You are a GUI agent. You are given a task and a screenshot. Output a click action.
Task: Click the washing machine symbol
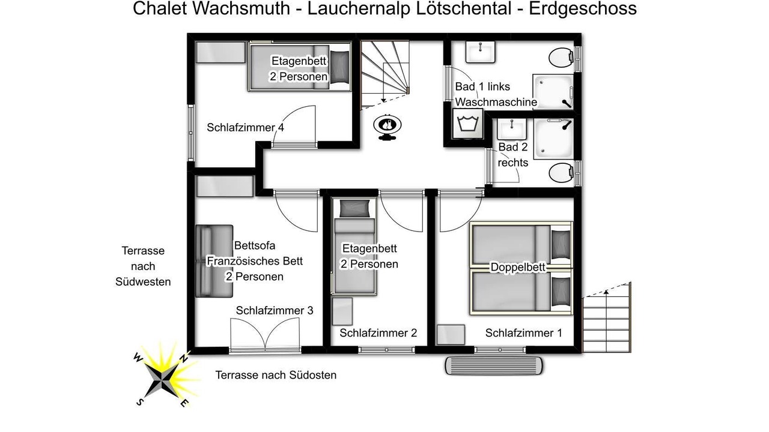(467, 124)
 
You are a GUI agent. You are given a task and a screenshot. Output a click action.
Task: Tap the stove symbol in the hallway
(388, 127)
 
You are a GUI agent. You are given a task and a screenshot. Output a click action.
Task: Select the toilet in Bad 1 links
(561, 57)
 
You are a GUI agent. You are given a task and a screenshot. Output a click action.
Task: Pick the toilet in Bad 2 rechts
(561, 172)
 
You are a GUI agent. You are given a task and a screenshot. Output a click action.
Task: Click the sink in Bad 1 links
(480, 52)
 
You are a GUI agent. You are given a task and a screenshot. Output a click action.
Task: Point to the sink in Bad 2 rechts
(512, 129)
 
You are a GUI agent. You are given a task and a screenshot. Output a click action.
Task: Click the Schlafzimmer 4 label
(245, 128)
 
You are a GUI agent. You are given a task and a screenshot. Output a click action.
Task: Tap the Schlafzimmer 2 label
(378, 332)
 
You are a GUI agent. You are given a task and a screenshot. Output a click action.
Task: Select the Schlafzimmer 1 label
(523, 332)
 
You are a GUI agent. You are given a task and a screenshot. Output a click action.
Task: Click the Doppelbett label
(518, 267)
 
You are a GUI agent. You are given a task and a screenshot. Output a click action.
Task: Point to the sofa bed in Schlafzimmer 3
(214, 261)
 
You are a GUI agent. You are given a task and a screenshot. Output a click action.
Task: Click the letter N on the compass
(184, 358)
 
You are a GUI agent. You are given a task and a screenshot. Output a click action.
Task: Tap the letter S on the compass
(139, 402)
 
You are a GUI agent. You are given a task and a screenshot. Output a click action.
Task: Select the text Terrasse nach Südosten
(276, 375)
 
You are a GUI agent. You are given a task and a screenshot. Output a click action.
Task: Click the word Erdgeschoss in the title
(583, 8)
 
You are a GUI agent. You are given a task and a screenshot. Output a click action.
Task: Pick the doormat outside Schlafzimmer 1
(494, 366)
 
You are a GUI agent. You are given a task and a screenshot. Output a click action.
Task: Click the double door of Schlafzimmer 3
(265, 334)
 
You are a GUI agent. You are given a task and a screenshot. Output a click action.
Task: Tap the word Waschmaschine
(496, 102)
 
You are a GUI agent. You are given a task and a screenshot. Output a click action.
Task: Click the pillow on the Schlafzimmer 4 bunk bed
(340, 67)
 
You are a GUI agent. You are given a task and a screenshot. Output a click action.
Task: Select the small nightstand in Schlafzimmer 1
(451, 335)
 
